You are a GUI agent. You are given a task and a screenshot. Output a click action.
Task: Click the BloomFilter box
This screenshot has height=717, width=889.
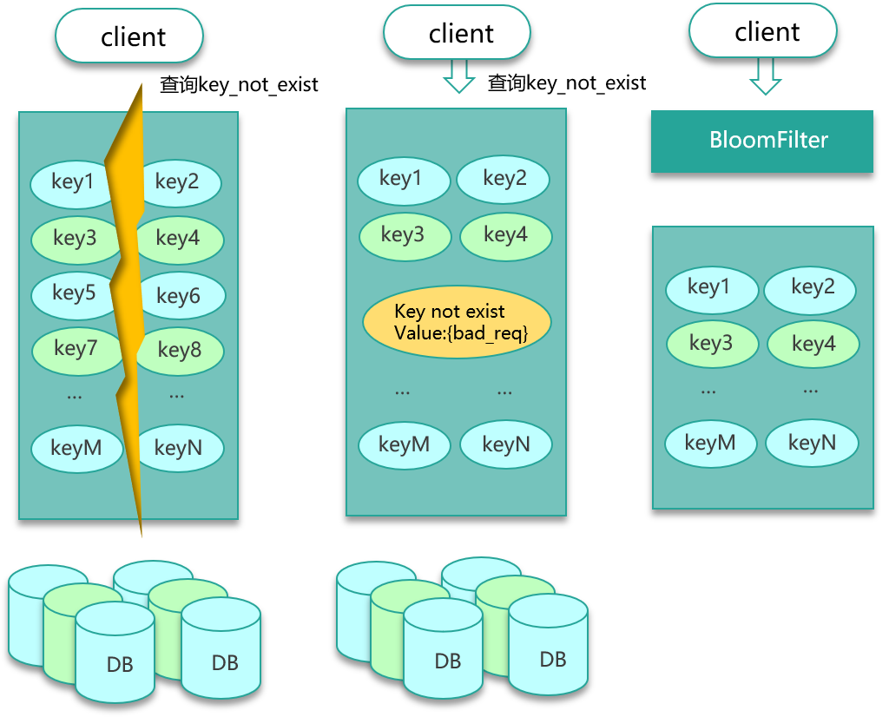tap(762, 141)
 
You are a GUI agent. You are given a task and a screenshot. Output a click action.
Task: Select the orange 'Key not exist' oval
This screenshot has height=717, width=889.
tap(457, 322)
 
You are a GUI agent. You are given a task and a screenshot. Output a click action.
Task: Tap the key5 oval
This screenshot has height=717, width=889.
tap(73, 293)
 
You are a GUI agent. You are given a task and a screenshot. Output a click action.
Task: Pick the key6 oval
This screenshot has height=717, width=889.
tap(180, 296)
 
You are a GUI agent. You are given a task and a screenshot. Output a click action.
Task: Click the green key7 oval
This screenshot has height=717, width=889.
tap(75, 349)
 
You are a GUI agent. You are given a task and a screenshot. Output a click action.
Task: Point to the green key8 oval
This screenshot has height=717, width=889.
tap(181, 351)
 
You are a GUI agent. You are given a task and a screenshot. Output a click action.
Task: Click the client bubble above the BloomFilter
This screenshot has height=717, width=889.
tap(763, 33)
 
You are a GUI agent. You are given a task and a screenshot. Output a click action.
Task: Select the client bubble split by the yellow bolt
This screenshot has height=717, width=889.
tap(129, 37)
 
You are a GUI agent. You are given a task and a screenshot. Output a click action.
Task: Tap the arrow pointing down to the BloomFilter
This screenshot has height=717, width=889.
tap(766, 76)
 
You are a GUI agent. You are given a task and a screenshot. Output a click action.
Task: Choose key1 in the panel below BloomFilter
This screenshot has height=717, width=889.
tap(709, 287)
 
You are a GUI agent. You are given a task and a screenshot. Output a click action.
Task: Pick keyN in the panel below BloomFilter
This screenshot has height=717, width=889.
tap(813, 444)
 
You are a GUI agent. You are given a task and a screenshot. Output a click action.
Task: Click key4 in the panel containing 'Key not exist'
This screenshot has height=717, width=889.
tap(506, 234)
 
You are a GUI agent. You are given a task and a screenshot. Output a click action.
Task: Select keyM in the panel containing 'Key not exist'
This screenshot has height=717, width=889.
tap(405, 445)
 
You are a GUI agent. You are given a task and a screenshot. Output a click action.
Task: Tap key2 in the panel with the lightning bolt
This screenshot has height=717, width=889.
tap(178, 182)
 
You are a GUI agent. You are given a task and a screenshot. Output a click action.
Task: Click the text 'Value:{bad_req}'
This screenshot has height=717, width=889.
tap(460, 333)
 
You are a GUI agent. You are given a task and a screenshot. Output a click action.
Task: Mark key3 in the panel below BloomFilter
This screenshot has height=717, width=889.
tap(711, 344)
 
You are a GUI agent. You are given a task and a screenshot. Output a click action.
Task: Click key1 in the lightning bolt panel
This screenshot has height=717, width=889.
tap(73, 182)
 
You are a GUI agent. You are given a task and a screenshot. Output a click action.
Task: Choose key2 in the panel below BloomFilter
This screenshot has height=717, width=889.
tap(812, 287)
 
